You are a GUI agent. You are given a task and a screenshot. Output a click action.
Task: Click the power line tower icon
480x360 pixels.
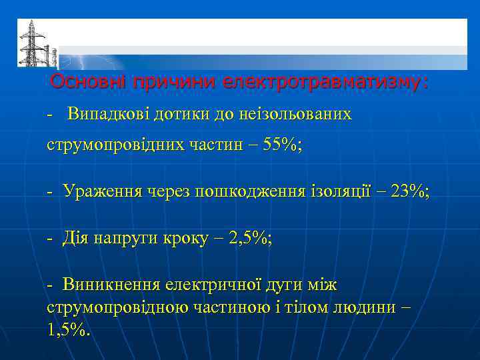30,43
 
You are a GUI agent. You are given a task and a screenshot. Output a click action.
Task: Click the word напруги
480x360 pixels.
123,239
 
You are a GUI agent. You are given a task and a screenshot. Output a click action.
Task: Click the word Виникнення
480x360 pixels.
111,285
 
